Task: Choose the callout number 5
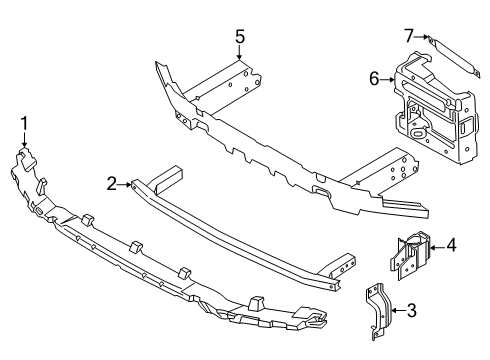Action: (x=240, y=37)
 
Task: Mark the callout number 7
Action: (x=408, y=37)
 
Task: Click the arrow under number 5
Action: (x=240, y=55)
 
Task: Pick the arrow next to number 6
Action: (x=389, y=79)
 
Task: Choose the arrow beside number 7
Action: (x=421, y=38)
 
